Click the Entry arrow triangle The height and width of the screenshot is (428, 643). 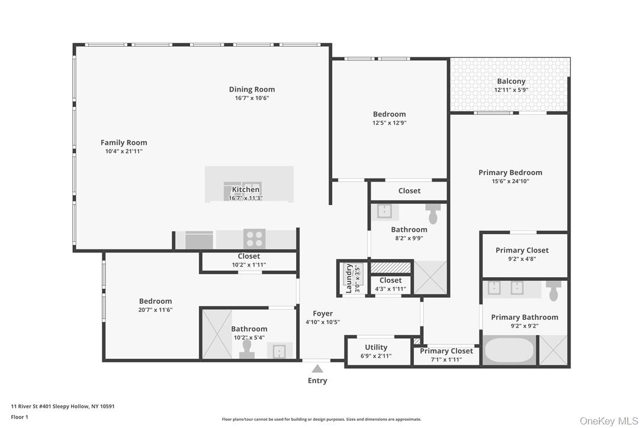pyautogui.click(x=317, y=369)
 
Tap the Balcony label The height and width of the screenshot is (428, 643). pyautogui.click(x=511, y=82)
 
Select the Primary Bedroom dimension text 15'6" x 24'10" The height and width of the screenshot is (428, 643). pyautogui.click(x=510, y=181)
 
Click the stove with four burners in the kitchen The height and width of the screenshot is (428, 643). pyautogui.click(x=254, y=239)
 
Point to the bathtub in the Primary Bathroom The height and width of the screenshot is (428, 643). pyautogui.click(x=510, y=350)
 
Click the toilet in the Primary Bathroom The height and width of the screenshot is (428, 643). pyautogui.click(x=554, y=291)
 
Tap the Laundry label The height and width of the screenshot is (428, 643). pyautogui.click(x=349, y=278)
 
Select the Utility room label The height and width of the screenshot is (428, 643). pyautogui.click(x=376, y=347)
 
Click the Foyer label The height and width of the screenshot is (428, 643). pyautogui.click(x=323, y=313)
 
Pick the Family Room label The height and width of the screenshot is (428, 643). pyautogui.click(x=124, y=142)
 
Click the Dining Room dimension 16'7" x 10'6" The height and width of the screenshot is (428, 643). pyautogui.click(x=252, y=98)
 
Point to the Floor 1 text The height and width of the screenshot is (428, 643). pyautogui.click(x=20, y=417)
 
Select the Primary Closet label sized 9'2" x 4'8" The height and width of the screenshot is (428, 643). pyautogui.click(x=522, y=250)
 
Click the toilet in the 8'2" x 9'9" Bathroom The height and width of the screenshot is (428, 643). pyautogui.click(x=433, y=215)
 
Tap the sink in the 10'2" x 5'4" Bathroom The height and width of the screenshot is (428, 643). pyautogui.click(x=278, y=351)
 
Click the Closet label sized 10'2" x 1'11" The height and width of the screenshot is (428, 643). pyautogui.click(x=249, y=256)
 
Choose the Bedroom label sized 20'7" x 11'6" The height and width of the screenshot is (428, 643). pyautogui.click(x=155, y=301)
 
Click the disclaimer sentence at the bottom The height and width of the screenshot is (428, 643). pyautogui.click(x=321, y=419)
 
